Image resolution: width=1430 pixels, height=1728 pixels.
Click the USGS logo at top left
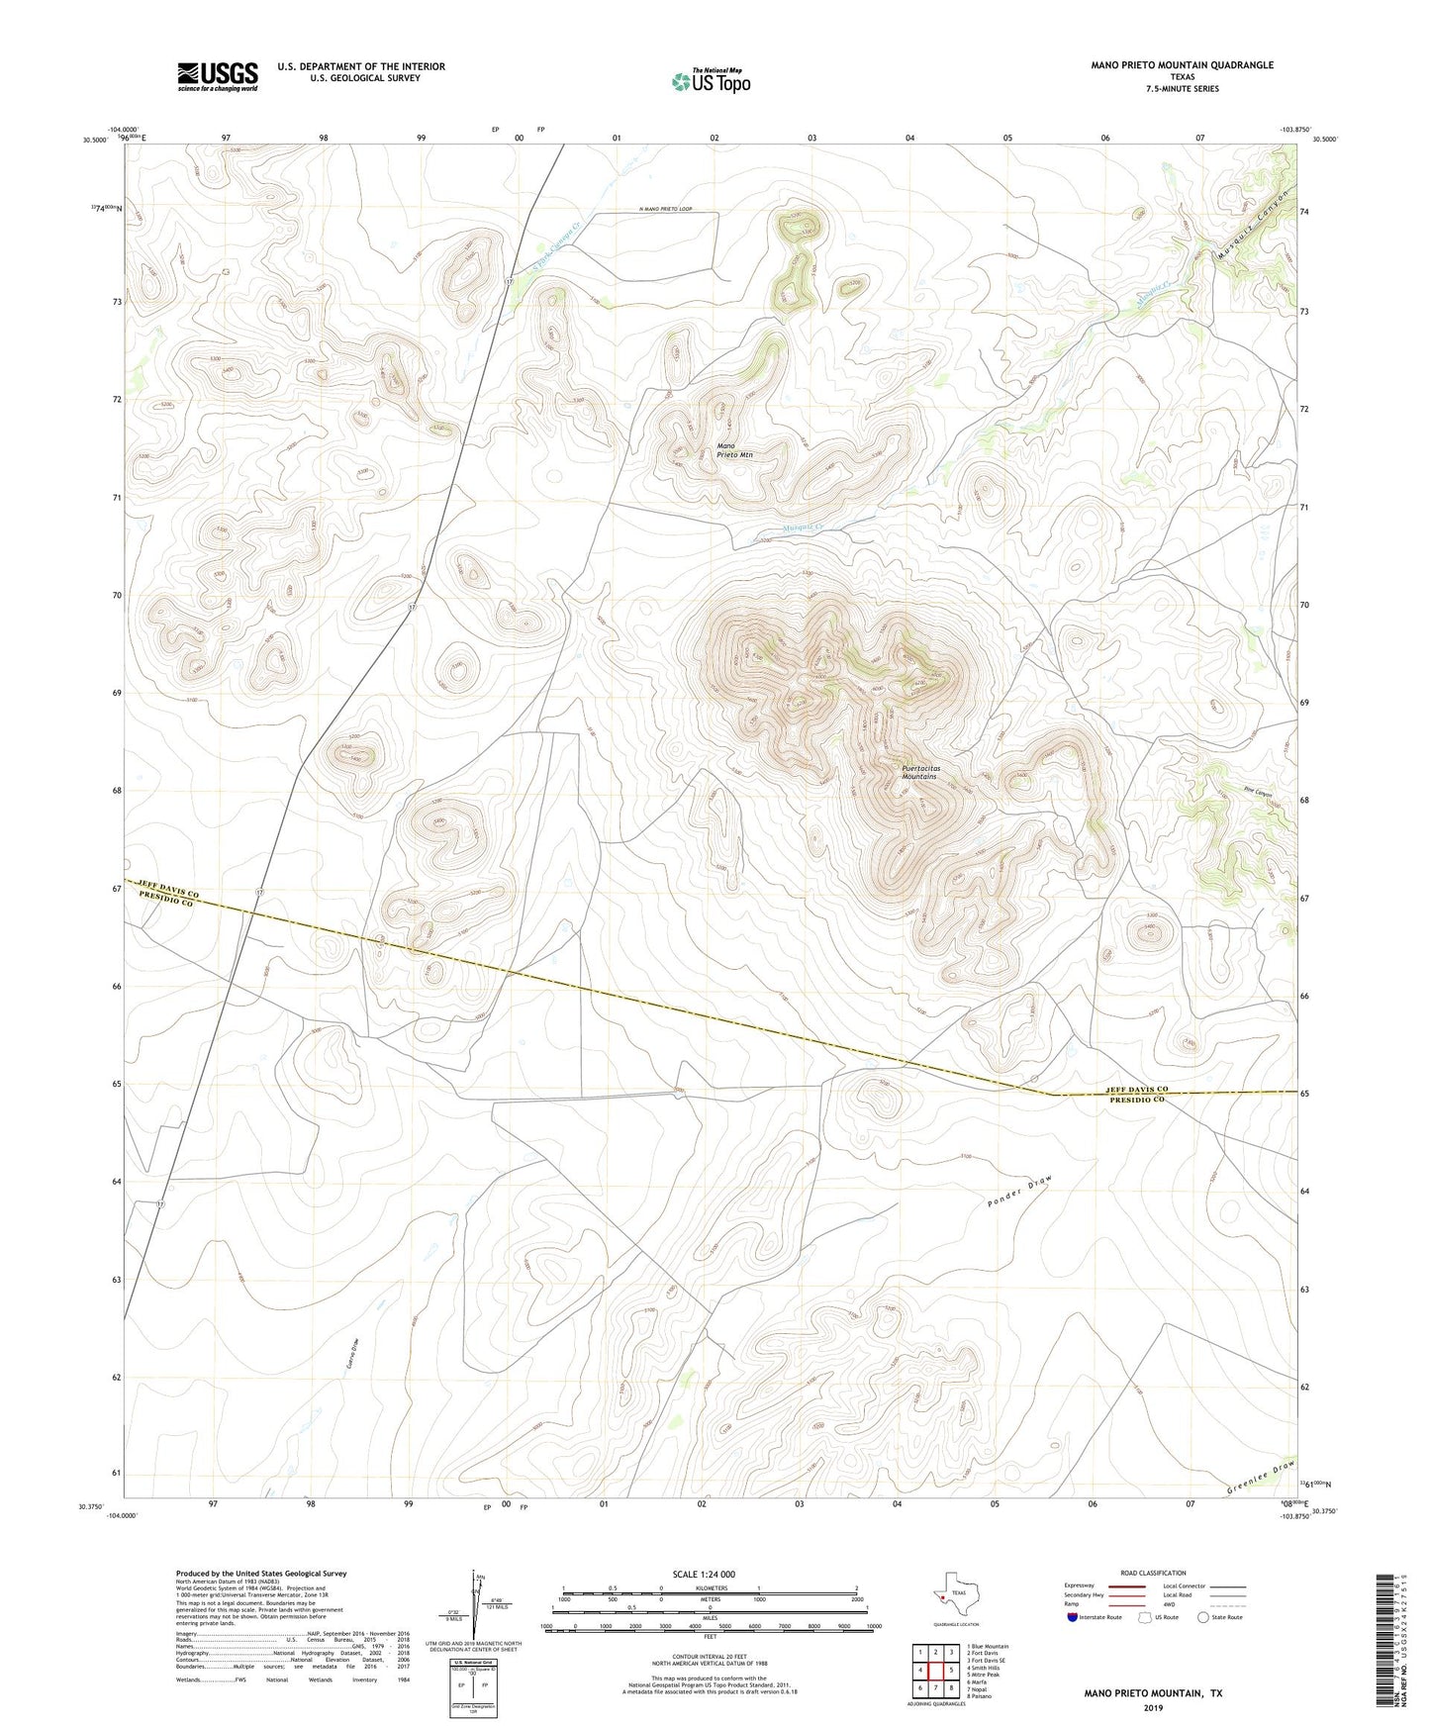tap(217, 76)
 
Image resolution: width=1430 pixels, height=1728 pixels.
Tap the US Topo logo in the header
tap(711, 80)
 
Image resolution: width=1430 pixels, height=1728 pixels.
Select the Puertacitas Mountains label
tap(919, 772)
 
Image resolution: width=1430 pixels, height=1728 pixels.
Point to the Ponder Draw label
tap(1018, 1192)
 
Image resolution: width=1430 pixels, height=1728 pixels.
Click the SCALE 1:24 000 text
tap(704, 1574)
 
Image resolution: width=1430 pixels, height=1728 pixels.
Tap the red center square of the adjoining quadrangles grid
tap(935, 1670)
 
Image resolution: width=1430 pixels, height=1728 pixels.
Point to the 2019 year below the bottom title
tap(1152, 1707)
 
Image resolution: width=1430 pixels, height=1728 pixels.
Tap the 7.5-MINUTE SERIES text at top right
tap(1182, 89)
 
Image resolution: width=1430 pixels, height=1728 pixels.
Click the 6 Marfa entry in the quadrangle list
tap(980, 1681)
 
